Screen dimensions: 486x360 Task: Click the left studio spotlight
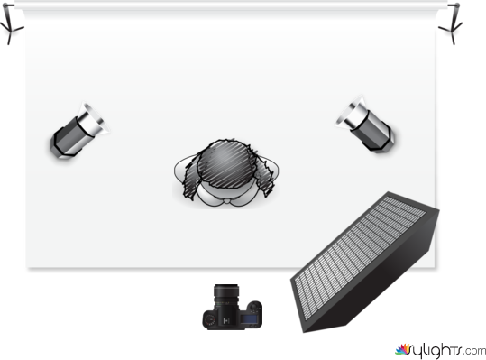[79, 131]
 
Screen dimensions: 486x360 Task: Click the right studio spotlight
[365, 125]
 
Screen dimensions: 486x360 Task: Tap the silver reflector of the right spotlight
[351, 112]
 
